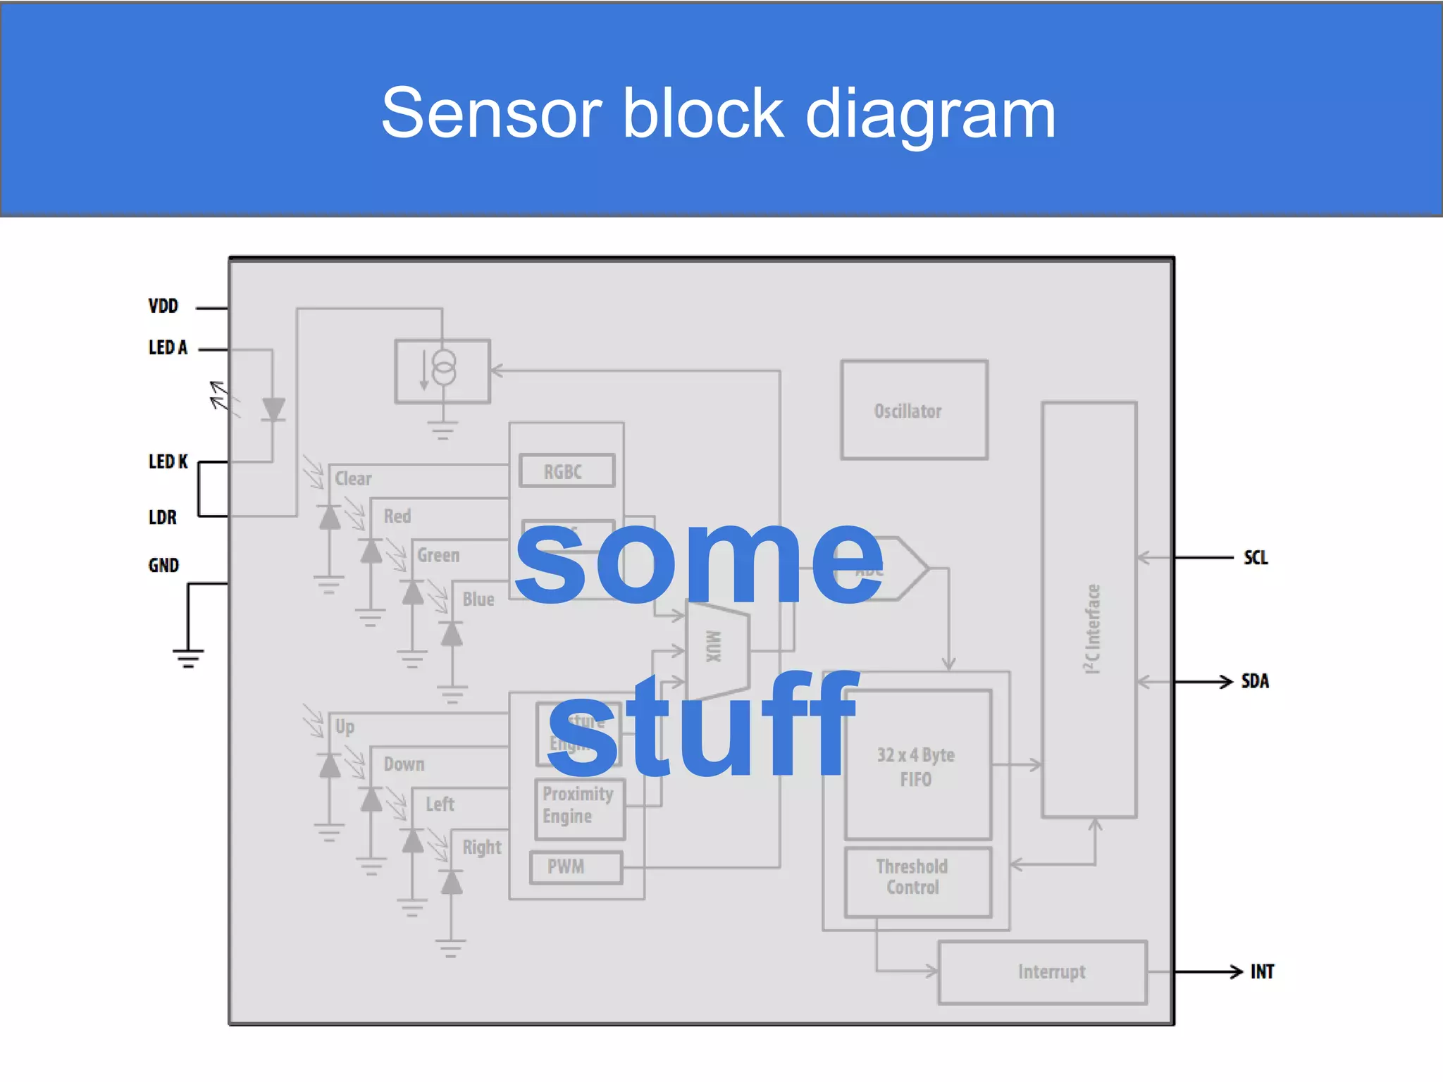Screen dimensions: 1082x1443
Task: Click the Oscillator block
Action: click(x=914, y=410)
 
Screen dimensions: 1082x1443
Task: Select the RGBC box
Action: click(x=566, y=471)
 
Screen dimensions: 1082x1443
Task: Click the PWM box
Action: click(x=575, y=866)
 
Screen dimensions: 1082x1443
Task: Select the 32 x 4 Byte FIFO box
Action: click(x=917, y=766)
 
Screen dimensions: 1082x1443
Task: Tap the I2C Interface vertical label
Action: click(x=1092, y=628)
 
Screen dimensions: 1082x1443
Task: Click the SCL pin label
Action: click(x=1256, y=558)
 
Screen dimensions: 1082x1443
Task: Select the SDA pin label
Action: click(x=1255, y=681)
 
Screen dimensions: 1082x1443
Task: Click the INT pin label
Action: click(x=1262, y=972)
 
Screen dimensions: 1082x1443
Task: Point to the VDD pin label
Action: click(x=163, y=306)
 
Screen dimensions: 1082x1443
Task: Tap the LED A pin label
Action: click(x=168, y=347)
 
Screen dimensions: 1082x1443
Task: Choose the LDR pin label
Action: click(x=163, y=517)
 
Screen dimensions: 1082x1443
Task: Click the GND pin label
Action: click(x=163, y=565)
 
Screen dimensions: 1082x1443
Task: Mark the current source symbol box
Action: click(x=442, y=371)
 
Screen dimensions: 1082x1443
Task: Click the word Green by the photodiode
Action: click(x=438, y=555)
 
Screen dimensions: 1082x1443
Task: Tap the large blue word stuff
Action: click(x=703, y=726)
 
